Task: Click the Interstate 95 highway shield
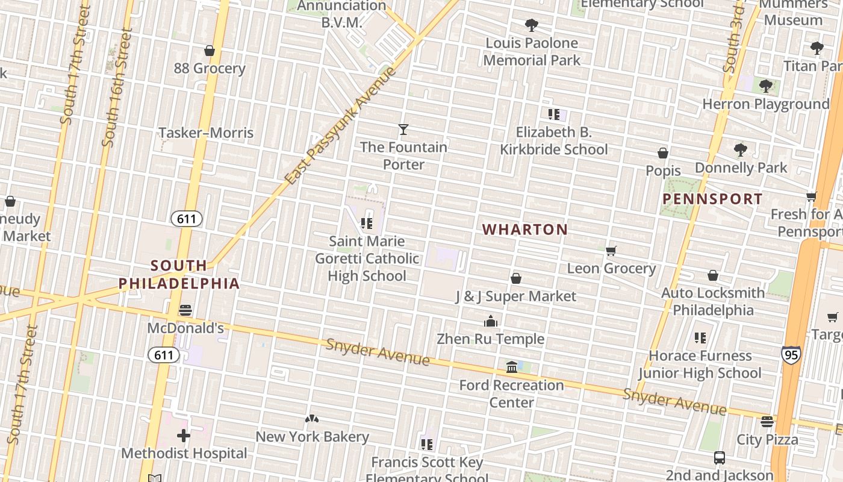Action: click(x=791, y=354)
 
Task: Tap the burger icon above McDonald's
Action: click(x=185, y=310)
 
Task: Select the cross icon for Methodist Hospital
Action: click(x=184, y=435)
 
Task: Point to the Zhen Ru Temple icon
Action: click(x=491, y=321)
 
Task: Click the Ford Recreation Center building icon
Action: click(x=511, y=366)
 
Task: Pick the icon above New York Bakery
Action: click(x=311, y=419)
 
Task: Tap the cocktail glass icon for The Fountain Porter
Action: click(x=403, y=129)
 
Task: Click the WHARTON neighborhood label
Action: click(x=525, y=230)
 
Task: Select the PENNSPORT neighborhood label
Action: click(x=712, y=199)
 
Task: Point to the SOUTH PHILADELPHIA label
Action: click(x=179, y=274)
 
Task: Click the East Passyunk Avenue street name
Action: click(x=341, y=127)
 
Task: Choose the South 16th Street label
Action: click(x=117, y=87)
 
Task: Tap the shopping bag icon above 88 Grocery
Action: click(x=210, y=51)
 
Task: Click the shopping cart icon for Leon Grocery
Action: click(x=611, y=251)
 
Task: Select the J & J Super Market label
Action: click(x=516, y=296)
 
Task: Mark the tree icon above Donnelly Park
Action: click(x=741, y=149)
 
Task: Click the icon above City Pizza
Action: click(x=767, y=422)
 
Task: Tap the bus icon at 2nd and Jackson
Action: click(x=719, y=458)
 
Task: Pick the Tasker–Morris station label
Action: click(x=206, y=133)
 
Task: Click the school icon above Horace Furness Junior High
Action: click(x=700, y=338)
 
